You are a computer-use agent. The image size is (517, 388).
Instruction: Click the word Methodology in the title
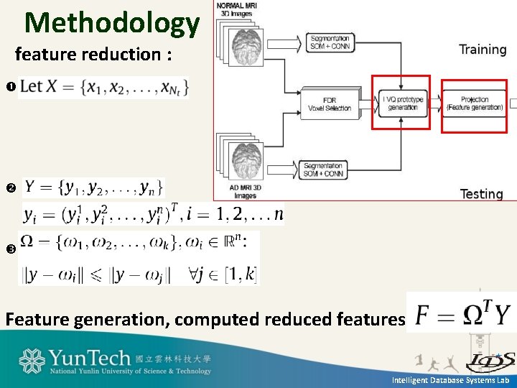pos(112,23)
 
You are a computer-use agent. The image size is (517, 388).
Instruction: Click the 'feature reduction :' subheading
pos(93,55)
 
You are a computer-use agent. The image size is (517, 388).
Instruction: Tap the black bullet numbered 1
pos(10,88)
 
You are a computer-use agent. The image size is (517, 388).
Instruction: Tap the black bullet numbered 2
pos(10,188)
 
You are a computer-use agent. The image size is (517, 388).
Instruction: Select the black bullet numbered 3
pos(10,249)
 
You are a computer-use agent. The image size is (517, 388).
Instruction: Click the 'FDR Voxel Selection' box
pos(329,104)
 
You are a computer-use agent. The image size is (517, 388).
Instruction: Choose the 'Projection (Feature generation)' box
pos(474,103)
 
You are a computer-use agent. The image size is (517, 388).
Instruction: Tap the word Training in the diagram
pos(483,50)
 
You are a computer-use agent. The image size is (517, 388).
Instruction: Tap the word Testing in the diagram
pos(481,194)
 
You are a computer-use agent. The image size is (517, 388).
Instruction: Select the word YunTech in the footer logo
pos(90,358)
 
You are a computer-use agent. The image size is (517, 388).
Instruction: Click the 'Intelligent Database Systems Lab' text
pos(450,379)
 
